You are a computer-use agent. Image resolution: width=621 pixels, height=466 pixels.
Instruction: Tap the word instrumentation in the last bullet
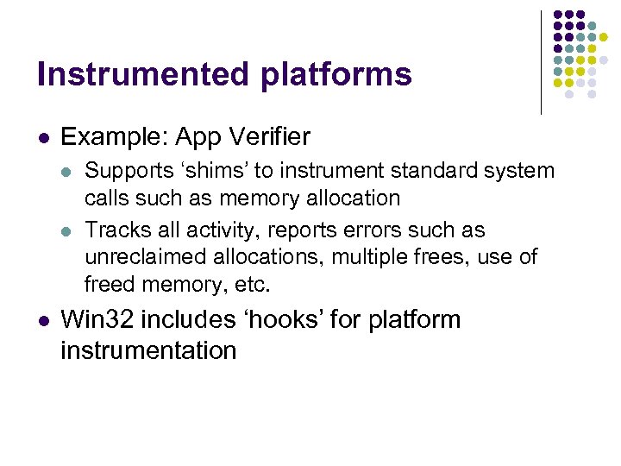pyautogui.click(x=148, y=351)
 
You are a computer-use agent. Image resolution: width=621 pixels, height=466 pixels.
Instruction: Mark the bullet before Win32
pyautogui.click(x=42, y=321)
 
